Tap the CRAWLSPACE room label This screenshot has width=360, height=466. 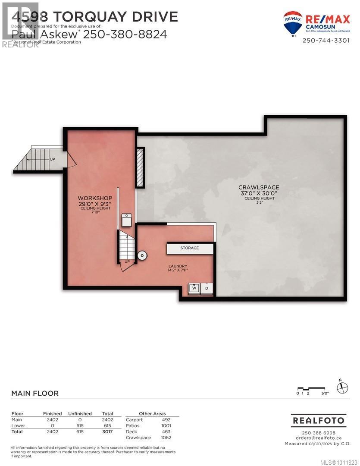259,187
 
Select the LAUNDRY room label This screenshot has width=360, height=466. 178,266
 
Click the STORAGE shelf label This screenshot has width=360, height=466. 190,248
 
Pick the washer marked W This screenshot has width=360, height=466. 194,288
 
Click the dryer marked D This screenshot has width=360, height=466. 207,288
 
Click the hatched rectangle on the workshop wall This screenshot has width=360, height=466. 141,167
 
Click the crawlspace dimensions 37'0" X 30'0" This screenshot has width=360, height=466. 259,194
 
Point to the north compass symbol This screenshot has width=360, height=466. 342,387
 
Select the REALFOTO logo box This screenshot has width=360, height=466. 319,420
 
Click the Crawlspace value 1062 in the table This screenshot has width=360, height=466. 166,438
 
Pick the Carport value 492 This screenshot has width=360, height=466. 166,419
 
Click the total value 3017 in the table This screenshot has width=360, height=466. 107,431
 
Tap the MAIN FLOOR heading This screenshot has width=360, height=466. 34,393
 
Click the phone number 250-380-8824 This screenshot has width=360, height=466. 125,34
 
